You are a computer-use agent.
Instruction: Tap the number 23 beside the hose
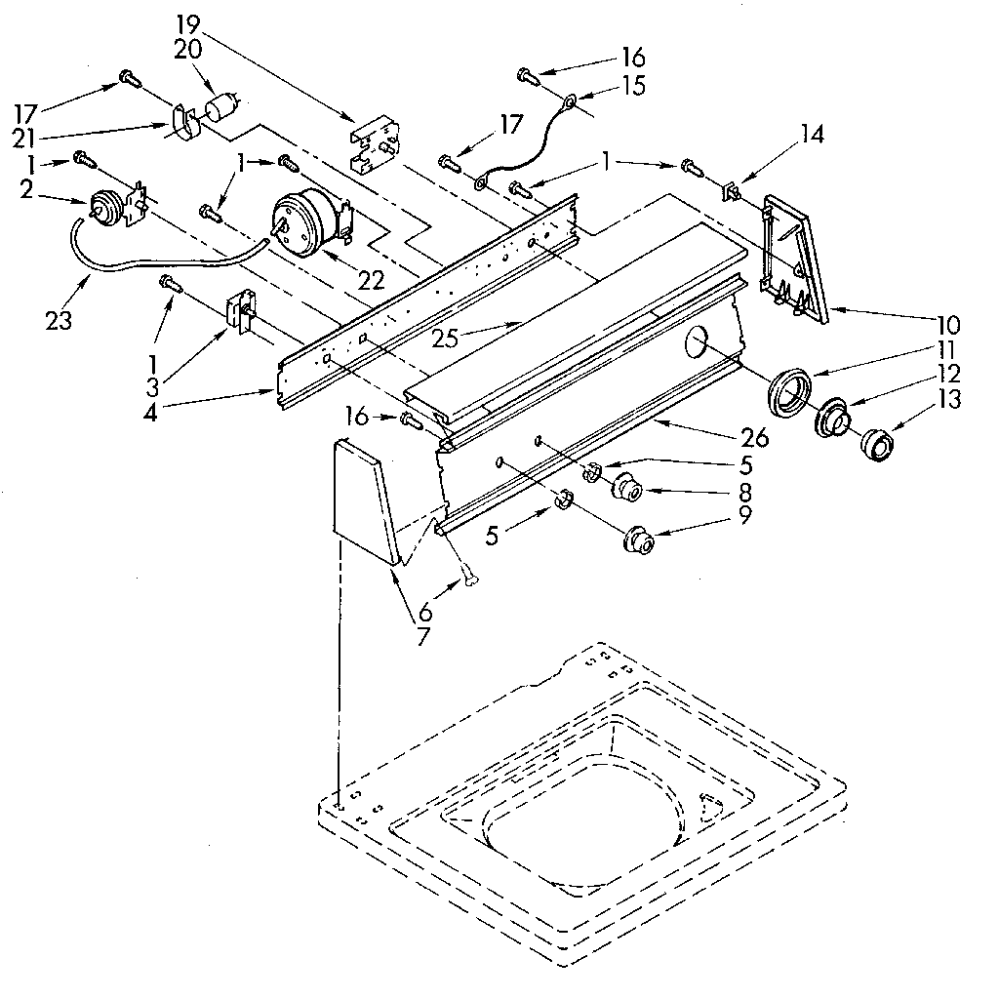[59, 319]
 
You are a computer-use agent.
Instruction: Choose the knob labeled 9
[639, 539]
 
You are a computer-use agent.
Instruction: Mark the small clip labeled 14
[732, 191]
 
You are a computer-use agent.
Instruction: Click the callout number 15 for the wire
[632, 87]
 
